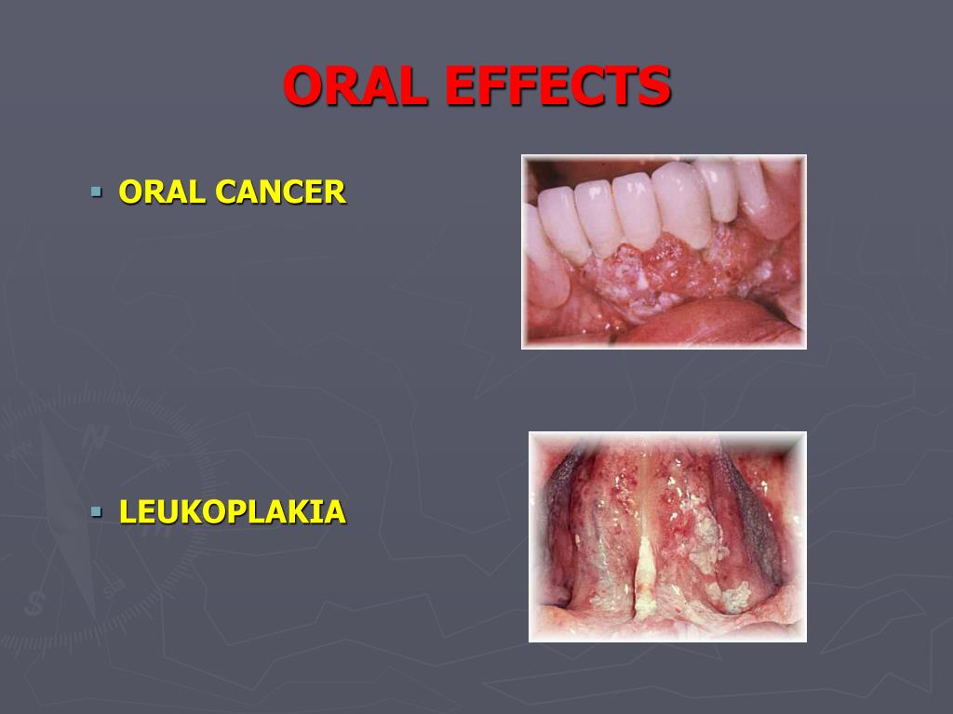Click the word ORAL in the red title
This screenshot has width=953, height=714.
356,86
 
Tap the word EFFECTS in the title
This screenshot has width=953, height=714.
558,86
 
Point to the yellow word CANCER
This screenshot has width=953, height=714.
280,192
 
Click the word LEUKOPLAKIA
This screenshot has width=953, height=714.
233,512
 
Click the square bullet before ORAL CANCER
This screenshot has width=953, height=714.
96,192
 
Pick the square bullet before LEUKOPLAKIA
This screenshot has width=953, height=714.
96,512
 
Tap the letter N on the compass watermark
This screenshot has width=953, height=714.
95,437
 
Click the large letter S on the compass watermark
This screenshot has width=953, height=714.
34,603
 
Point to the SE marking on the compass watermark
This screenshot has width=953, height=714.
113,588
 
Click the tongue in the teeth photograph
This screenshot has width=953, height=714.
708,321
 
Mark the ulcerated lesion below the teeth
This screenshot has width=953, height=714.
675,273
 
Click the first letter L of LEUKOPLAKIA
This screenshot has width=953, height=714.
128,512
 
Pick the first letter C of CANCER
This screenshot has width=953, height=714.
225,192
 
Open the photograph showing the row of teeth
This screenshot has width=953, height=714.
664,252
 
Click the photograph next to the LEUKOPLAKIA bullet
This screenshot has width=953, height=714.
667,536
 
